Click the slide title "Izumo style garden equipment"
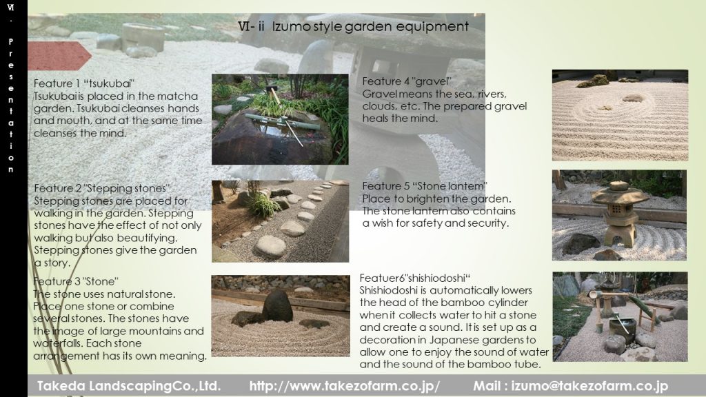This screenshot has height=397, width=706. tap(370, 27)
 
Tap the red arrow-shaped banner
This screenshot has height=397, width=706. tap(59, 56)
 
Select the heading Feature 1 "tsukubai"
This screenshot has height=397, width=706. tap(83, 83)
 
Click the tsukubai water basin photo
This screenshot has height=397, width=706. tap(280, 119)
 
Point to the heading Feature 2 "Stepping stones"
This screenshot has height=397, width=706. tap(102, 188)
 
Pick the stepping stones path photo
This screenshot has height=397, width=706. tap(280, 221)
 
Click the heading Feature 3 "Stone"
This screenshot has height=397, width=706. tap(76, 282)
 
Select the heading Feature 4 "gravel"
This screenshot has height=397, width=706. tap(407, 81)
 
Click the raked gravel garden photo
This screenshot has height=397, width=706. tap(620, 115)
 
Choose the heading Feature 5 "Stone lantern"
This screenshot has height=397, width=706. tap(425, 186)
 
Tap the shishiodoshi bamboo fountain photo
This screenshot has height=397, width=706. tap(620, 317)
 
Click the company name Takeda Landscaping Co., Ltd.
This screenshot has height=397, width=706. tap(129, 386)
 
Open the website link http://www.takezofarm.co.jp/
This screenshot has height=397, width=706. tap(345, 386)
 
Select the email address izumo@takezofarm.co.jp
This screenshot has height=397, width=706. tap(589, 386)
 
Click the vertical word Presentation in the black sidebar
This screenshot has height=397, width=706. tap(11, 105)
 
